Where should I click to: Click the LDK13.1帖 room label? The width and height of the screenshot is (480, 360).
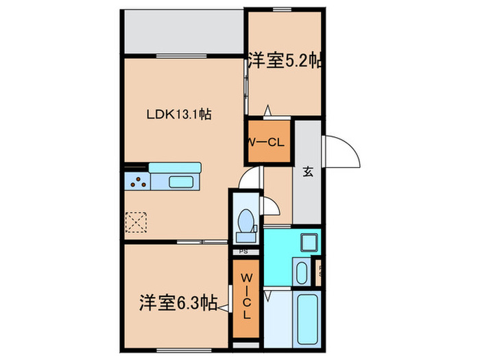coord(176,115)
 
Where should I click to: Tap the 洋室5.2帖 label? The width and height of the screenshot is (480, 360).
coord(285,60)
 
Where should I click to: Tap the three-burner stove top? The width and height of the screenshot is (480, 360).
coord(137,182)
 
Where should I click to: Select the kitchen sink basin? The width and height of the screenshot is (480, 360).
coord(182,182)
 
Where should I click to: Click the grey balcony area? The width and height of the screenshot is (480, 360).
coord(184,32)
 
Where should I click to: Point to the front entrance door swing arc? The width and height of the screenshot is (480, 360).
coord(345,152)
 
